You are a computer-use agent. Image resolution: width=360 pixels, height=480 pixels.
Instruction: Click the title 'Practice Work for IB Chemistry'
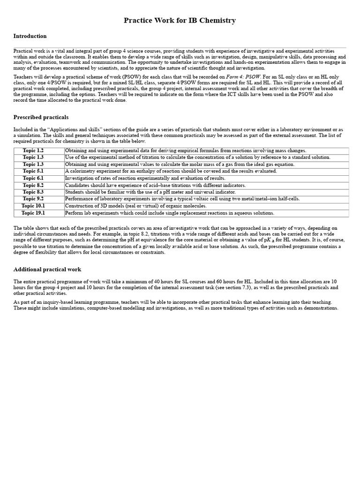[x=180, y=21]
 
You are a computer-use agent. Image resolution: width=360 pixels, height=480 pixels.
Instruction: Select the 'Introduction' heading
[x=30, y=36]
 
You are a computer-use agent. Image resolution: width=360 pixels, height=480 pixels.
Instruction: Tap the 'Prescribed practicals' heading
[x=41, y=117]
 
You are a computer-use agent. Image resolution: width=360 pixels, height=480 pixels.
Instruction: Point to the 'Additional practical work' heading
[x=47, y=270]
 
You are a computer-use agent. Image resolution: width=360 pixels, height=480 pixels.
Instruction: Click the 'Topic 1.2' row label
[x=33, y=150]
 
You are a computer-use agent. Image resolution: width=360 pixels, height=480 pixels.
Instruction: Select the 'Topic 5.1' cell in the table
[x=33, y=171]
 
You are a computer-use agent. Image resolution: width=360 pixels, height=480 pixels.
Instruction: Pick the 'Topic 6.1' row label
[x=33, y=178]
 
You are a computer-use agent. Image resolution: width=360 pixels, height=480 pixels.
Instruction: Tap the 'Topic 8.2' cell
[x=33, y=185]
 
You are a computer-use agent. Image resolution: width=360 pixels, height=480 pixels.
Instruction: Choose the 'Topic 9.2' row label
[x=33, y=199]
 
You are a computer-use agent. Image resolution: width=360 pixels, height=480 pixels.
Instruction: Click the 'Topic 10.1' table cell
[x=33, y=206]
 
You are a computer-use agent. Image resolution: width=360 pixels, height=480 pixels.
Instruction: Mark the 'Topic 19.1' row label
[x=33, y=213]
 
